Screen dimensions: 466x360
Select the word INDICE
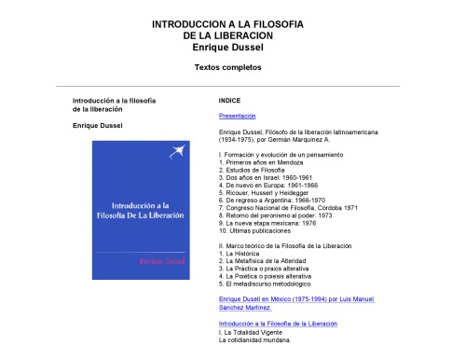230,99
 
